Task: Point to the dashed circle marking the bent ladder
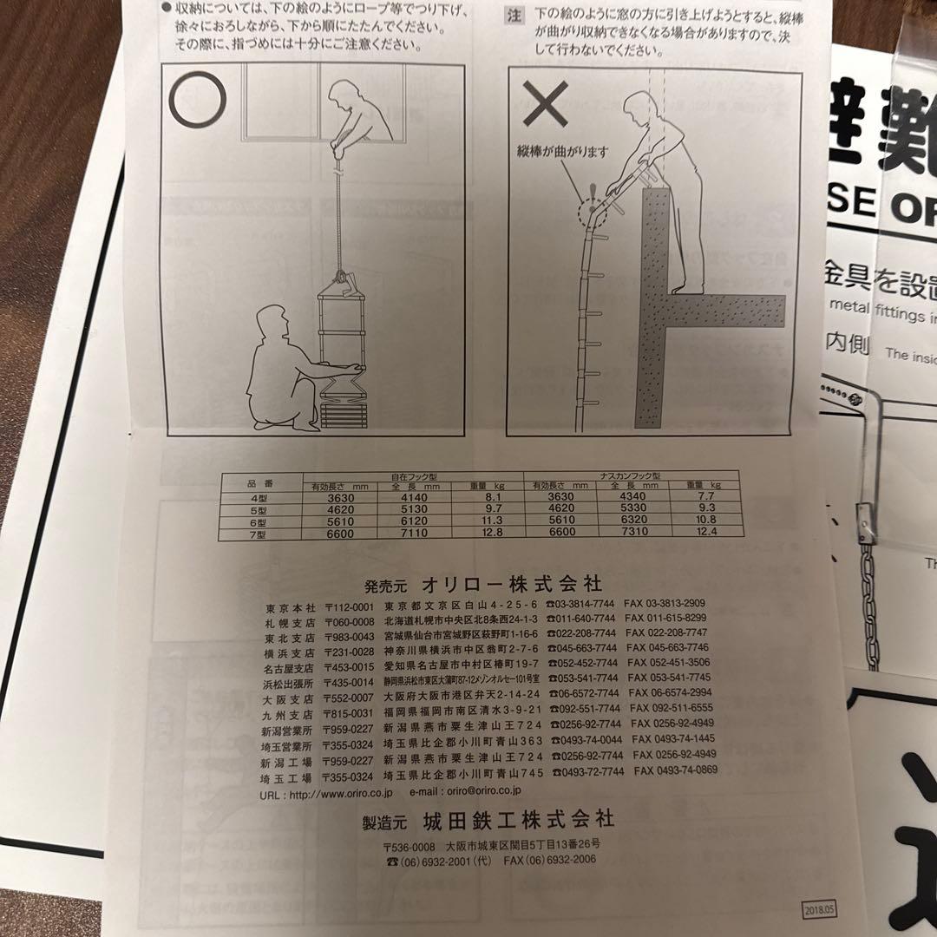tap(590, 209)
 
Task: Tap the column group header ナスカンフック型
tap(631, 476)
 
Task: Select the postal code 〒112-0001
tap(349, 605)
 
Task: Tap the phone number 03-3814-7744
tap(582, 604)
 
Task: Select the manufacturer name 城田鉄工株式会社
tap(518, 819)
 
